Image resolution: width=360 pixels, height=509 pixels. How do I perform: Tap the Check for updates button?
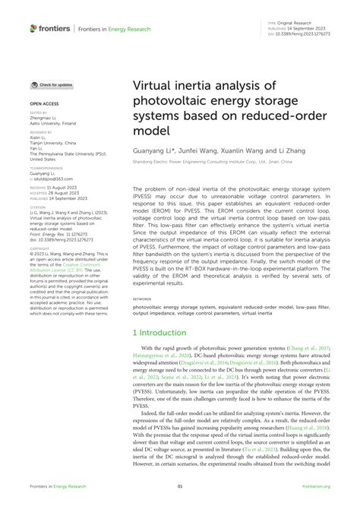[x=51, y=85]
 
